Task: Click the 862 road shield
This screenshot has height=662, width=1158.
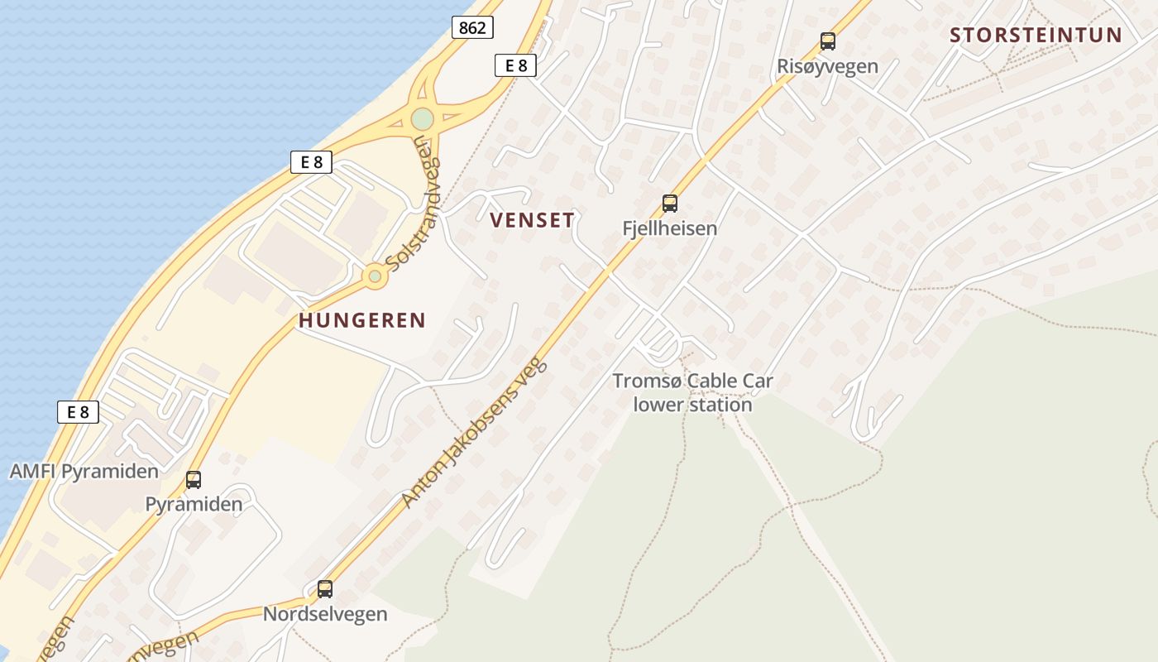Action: pos(472,27)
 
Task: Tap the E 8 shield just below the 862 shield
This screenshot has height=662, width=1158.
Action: pos(515,65)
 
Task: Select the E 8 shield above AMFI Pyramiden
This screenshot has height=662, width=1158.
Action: pos(78,411)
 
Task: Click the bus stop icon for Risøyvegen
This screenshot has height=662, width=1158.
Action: pos(827,41)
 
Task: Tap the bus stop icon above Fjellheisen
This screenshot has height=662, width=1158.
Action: pos(669,203)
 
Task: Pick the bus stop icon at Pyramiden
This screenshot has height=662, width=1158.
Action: pos(194,479)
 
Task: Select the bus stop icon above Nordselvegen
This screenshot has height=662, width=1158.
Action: pos(325,588)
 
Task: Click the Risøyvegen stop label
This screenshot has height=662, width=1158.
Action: pos(827,66)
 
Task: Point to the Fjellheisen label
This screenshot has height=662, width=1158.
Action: pos(669,228)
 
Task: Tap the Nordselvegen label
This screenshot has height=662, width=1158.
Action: pos(325,614)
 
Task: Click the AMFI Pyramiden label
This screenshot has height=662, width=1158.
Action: pos(84,472)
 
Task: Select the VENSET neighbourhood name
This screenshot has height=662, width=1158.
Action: pos(532,220)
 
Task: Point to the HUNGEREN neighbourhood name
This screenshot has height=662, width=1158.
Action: pos(362,320)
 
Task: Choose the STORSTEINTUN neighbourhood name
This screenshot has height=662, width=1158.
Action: pos(1036,36)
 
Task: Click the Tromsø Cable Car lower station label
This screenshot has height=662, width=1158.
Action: pos(692,392)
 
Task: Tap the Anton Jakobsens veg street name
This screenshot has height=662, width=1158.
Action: pos(475,432)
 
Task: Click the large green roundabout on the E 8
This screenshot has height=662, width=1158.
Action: pos(422,119)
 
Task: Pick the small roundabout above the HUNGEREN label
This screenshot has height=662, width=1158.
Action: pos(375,276)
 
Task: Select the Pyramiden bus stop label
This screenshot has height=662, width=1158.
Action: pos(194,504)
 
